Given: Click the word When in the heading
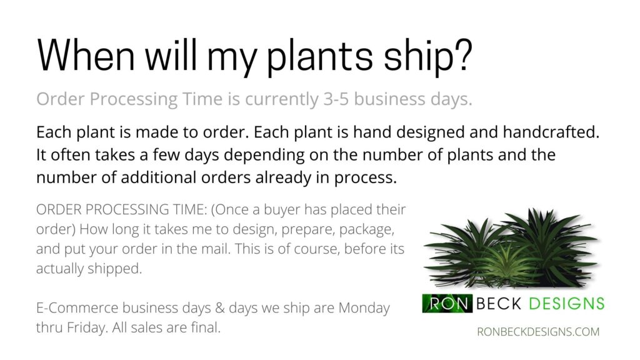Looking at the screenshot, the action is pyautogui.click(x=86, y=55).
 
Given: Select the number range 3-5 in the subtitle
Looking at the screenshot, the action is pyautogui.click(x=336, y=99).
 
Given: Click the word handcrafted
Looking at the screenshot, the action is pyautogui.click(x=551, y=132).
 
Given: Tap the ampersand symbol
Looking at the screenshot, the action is pyautogui.click(x=220, y=308).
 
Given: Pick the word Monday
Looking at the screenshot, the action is pyautogui.click(x=364, y=308).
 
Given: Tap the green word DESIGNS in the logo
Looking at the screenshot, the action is pyautogui.click(x=566, y=303).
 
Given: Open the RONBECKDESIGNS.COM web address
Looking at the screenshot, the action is pyautogui.click(x=538, y=332).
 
